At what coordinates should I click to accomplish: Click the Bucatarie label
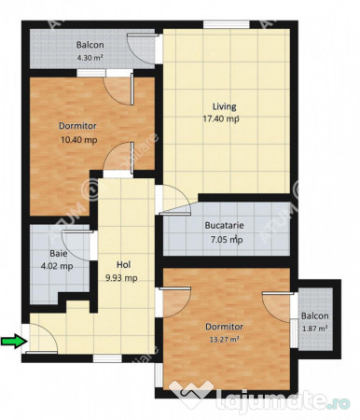(x=224, y=225)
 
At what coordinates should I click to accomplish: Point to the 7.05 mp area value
(x=224, y=239)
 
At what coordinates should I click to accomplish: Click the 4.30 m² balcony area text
(x=89, y=58)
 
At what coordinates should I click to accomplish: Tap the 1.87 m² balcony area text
(x=313, y=329)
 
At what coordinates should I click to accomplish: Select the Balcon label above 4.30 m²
(x=90, y=45)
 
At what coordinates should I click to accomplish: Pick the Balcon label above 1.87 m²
(x=314, y=315)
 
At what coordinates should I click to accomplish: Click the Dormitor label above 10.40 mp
(x=77, y=126)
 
